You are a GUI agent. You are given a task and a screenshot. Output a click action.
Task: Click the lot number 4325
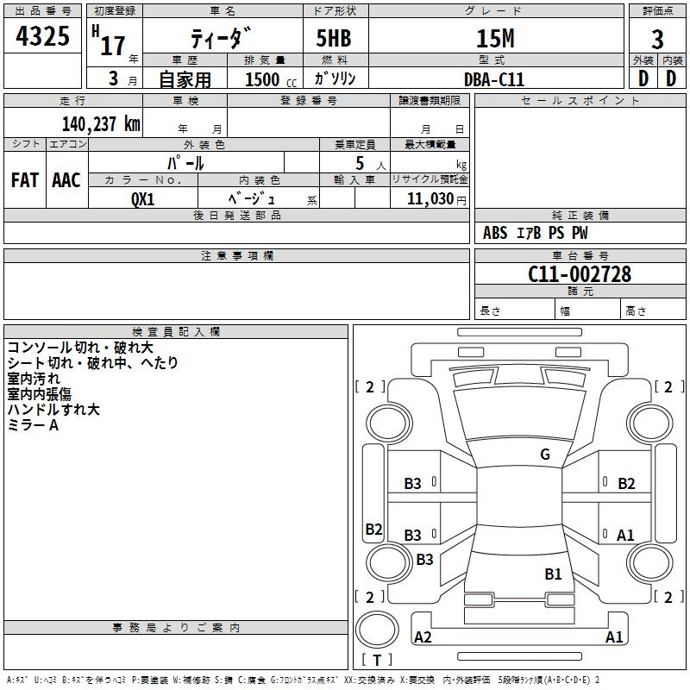(x=43, y=36)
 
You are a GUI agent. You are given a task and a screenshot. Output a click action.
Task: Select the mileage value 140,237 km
(x=101, y=123)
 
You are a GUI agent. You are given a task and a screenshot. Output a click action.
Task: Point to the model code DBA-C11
(x=493, y=78)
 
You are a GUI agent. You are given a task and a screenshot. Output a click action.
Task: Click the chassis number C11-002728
(x=580, y=274)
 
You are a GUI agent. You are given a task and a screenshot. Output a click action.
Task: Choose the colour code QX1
(x=143, y=198)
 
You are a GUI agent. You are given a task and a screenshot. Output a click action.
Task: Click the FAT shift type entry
(x=25, y=180)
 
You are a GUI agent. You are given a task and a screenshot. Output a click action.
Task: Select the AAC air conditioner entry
(x=66, y=180)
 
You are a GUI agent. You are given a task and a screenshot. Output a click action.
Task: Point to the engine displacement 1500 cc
(x=268, y=79)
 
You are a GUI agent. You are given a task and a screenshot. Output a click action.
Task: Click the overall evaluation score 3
(x=658, y=40)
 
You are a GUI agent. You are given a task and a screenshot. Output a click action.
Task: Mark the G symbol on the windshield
(x=545, y=455)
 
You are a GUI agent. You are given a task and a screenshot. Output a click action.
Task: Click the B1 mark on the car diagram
(x=553, y=574)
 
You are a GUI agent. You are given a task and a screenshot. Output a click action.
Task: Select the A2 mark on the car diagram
(x=423, y=637)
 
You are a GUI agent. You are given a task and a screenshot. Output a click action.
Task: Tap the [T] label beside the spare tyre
(x=377, y=660)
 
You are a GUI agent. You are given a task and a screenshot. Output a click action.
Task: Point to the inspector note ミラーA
(x=33, y=425)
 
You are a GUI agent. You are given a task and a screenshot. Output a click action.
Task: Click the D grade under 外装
(x=643, y=78)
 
